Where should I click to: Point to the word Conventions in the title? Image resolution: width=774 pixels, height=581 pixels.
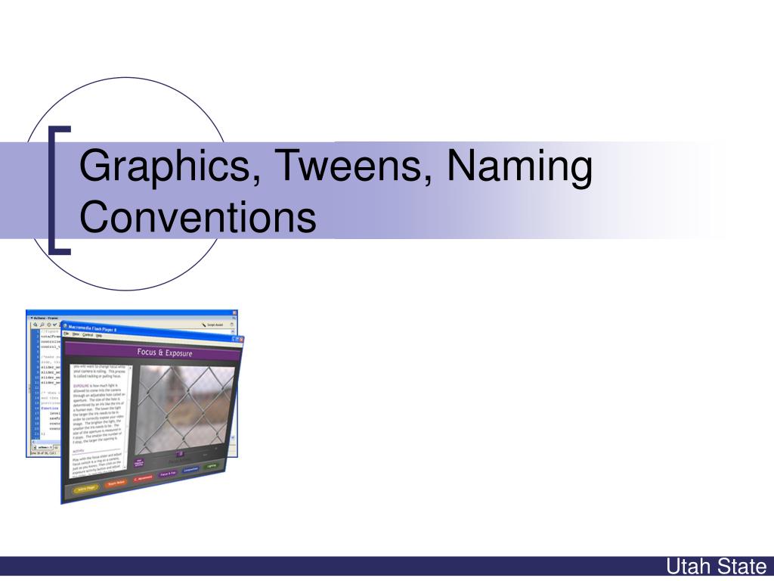click(198, 216)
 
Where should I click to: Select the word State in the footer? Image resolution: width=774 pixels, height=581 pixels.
click(742, 566)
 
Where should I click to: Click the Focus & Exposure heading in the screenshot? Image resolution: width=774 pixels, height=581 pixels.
click(164, 353)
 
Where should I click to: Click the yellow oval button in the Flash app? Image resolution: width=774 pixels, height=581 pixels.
click(86, 489)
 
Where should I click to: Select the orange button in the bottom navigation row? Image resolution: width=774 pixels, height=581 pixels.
click(116, 483)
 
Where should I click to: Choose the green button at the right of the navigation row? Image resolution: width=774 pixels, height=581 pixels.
click(212, 465)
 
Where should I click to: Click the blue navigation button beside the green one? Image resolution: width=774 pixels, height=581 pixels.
click(191, 469)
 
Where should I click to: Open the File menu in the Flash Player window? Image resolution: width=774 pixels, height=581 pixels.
click(67, 334)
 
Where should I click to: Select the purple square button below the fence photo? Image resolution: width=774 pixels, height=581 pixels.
click(179, 454)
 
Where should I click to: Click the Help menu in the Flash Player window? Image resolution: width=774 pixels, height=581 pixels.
click(98, 335)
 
